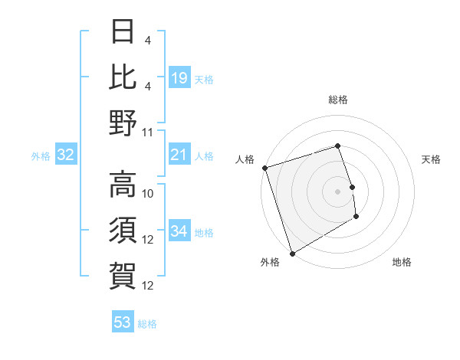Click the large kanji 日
click(x=123, y=32)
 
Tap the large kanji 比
click(x=123, y=77)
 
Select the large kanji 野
click(x=123, y=122)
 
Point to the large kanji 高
click(x=123, y=185)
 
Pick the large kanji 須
click(x=123, y=230)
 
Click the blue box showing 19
click(x=179, y=77)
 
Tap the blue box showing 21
click(x=179, y=155)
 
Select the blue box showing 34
click(x=179, y=231)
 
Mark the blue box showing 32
click(x=66, y=155)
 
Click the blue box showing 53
click(x=123, y=322)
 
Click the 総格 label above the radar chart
click(x=338, y=100)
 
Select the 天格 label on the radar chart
click(x=431, y=159)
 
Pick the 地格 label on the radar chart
click(x=402, y=262)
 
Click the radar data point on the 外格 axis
click(x=292, y=253)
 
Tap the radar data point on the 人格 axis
click(x=264, y=168)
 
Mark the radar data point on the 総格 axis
click(x=338, y=146)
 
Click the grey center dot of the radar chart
click(x=338, y=191)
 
